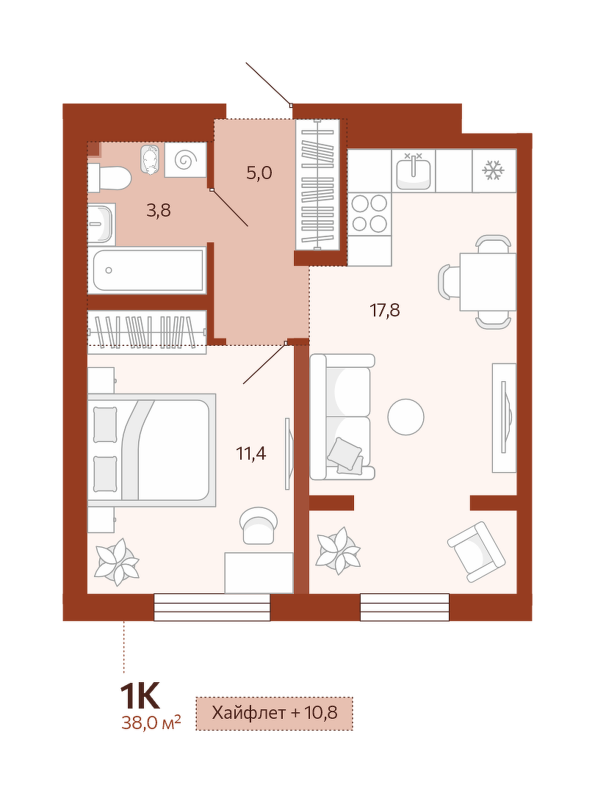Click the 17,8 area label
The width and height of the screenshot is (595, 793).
tap(385, 310)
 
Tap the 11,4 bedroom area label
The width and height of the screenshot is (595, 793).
tap(251, 454)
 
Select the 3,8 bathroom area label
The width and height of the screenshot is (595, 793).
tap(159, 211)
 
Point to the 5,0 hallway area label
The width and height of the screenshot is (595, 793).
tap(259, 173)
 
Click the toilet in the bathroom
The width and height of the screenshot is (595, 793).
tap(109, 178)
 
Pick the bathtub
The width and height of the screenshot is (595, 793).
tap(148, 270)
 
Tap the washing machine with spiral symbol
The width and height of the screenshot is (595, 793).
tap(186, 160)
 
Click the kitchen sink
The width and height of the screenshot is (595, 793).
tap(414, 170)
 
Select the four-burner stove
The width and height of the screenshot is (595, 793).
tap(369, 213)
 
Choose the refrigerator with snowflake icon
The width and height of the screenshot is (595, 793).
tap(494, 170)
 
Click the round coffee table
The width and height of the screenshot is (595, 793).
tap(405, 417)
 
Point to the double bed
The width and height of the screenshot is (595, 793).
tap(152, 449)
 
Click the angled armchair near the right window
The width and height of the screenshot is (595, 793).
tap(476, 552)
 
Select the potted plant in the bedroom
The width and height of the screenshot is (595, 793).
tap(117, 562)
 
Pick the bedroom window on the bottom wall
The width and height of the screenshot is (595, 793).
tap(212, 607)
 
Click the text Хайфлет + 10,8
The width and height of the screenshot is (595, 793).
tap(275, 713)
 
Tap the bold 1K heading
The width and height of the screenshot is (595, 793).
tap(140, 696)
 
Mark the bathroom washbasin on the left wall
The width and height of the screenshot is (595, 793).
tap(101, 224)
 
